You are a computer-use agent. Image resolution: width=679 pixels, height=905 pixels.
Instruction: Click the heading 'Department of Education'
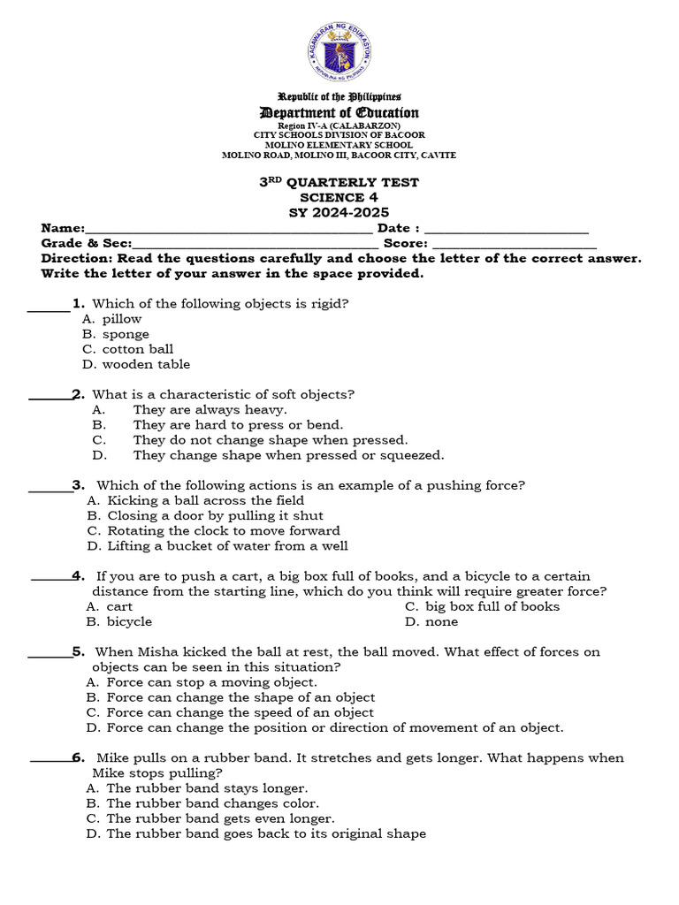pyautogui.click(x=339, y=112)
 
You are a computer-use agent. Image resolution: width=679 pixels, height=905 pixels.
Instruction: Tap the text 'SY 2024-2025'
pyautogui.click(x=339, y=212)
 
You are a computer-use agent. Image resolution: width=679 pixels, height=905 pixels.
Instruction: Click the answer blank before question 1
pyautogui.click(x=49, y=308)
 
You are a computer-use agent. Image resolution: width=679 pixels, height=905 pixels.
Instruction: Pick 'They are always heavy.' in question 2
pyautogui.click(x=210, y=410)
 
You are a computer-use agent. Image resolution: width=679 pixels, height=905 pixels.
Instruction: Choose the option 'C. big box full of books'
pyautogui.click(x=482, y=606)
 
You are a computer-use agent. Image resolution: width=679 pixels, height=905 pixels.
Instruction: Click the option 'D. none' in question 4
pyautogui.click(x=431, y=621)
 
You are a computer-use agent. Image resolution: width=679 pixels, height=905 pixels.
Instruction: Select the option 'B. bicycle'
pyautogui.click(x=119, y=621)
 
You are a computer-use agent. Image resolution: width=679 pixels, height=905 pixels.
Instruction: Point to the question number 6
pyautogui.click(x=78, y=757)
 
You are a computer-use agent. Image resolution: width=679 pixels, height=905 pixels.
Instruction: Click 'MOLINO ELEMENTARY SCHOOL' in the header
pyautogui.click(x=339, y=145)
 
